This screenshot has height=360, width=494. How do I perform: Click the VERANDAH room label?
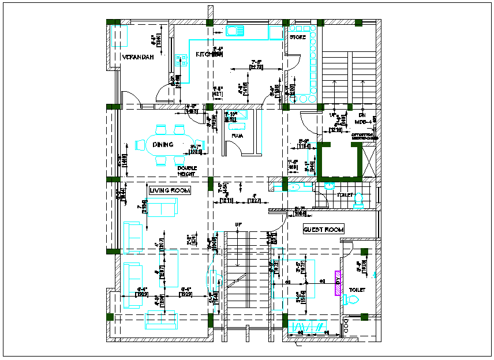tap(137, 57)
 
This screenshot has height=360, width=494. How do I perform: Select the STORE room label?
tap(298, 37)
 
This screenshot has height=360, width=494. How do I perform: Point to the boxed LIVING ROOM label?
tap(170, 190)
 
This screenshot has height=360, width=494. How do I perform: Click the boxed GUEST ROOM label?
tap(324, 230)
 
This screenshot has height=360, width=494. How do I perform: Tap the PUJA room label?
tap(237, 136)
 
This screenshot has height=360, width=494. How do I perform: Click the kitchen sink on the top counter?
tap(235, 30)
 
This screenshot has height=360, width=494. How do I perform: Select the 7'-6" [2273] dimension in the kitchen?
tap(256, 65)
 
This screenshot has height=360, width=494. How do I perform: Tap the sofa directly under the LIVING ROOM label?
tap(162, 207)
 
